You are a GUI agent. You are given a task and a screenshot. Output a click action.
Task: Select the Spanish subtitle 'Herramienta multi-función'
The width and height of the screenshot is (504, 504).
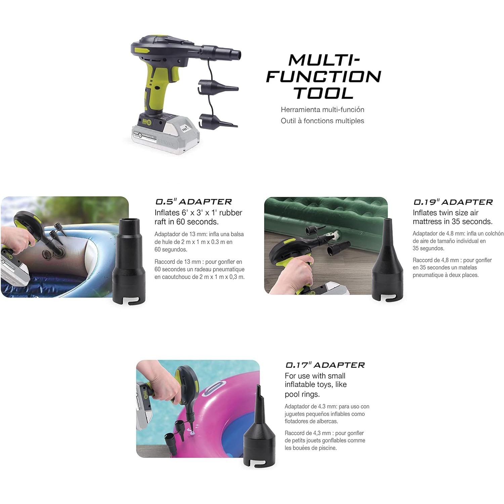(323, 110)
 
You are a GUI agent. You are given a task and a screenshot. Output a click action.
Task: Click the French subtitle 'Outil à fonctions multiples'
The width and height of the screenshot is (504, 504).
(323, 121)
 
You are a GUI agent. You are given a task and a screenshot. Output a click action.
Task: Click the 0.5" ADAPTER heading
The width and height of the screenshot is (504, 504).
(194, 202)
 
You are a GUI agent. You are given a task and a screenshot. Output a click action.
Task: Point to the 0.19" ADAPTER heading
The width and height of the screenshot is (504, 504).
(453, 202)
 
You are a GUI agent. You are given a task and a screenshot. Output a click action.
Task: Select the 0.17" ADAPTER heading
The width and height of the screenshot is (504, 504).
(325, 365)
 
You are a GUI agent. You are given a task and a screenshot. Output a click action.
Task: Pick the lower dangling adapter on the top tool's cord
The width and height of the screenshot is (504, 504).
(218, 121)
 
